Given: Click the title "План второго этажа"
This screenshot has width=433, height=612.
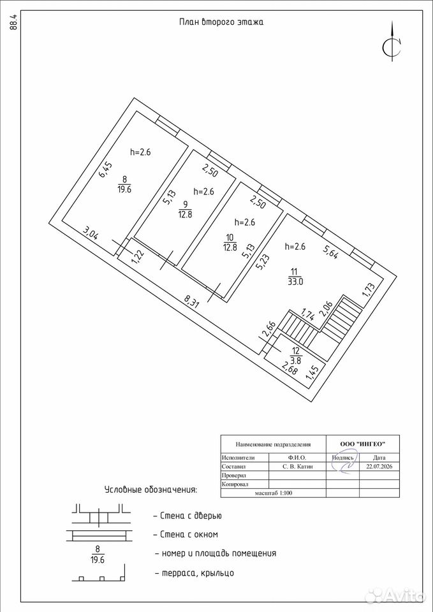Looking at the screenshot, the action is click(221, 22).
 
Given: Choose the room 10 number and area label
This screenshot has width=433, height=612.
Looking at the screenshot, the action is click(230, 242).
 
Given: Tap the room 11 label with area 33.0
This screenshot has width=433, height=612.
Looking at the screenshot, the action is click(295, 277).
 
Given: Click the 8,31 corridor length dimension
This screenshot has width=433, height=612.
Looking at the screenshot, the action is click(192, 302).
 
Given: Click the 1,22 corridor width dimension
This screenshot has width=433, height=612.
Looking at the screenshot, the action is click(138, 257).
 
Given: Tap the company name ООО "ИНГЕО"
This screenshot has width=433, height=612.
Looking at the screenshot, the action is click(363, 444).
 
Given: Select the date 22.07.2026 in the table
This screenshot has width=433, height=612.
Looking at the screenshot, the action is click(379, 466).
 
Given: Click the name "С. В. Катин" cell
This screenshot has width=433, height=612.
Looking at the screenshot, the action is click(298, 466).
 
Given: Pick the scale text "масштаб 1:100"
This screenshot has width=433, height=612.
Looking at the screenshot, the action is click(274, 493).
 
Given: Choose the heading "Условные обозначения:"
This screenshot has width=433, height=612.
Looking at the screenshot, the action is click(151, 490).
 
